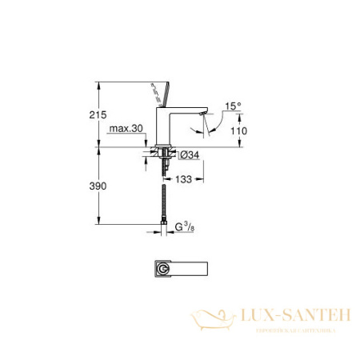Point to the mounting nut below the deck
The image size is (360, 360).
[x=164, y=154]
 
